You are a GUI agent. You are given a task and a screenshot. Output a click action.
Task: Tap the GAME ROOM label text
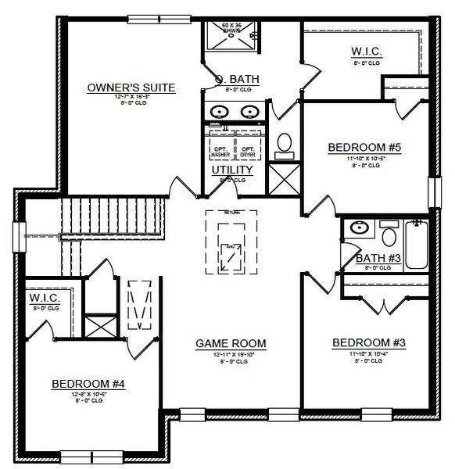[231, 342]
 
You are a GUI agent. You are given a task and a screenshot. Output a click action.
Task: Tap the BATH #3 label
[378, 259]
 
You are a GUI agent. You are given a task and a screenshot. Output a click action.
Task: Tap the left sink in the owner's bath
[220, 111]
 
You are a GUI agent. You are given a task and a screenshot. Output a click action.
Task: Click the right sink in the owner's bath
[250, 111]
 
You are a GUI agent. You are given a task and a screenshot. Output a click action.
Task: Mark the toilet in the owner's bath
[285, 143]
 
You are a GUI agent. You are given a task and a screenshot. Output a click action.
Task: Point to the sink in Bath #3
[360, 228]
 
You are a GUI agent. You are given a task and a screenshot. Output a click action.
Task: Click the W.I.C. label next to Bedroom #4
[44, 299]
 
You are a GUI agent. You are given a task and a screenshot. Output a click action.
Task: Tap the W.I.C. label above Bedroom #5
[366, 52]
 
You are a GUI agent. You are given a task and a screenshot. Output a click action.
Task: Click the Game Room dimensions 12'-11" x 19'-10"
[231, 354]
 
